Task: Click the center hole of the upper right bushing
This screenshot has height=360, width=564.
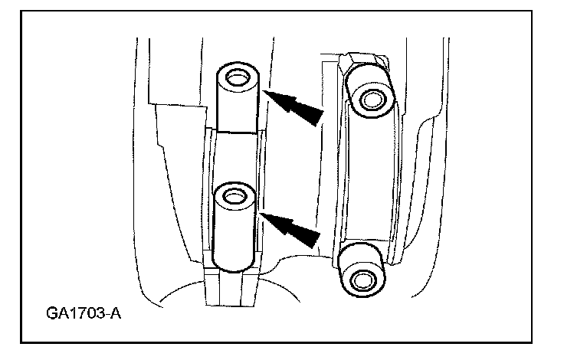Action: (x=372, y=99)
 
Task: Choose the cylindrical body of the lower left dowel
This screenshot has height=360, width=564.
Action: (x=234, y=234)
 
